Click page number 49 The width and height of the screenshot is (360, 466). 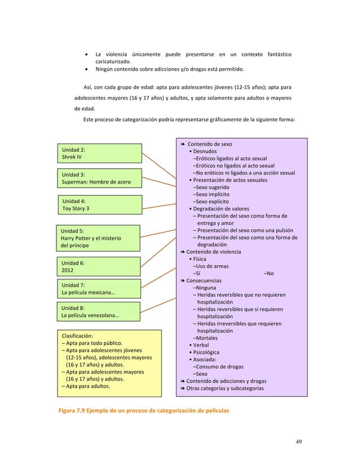pyautogui.click(x=298, y=441)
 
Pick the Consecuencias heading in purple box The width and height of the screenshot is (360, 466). pyautogui.click(x=204, y=280)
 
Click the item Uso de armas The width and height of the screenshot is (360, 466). pyautogui.click(x=210, y=266)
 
